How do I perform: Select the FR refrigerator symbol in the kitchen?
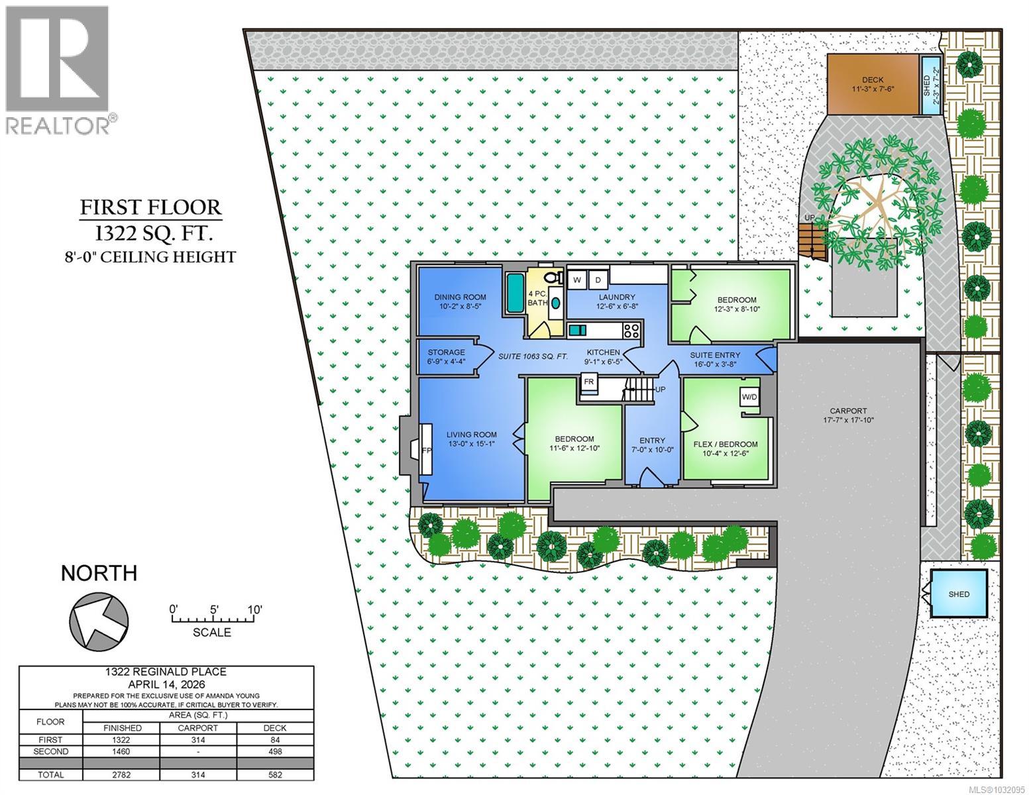[x=588, y=382]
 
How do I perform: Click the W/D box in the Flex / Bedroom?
[x=749, y=397]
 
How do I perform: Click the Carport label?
[x=848, y=411]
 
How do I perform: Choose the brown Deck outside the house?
[x=873, y=84]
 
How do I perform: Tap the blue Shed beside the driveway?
[x=958, y=594]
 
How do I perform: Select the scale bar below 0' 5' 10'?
[x=213, y=620]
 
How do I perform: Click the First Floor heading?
[x=150, y=207]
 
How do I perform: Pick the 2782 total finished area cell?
[x=122, y=774]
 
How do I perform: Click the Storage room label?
[x=446, y=352]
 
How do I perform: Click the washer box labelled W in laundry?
[x=576, y=280]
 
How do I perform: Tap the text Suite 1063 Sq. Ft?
[x=533, y=356]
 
